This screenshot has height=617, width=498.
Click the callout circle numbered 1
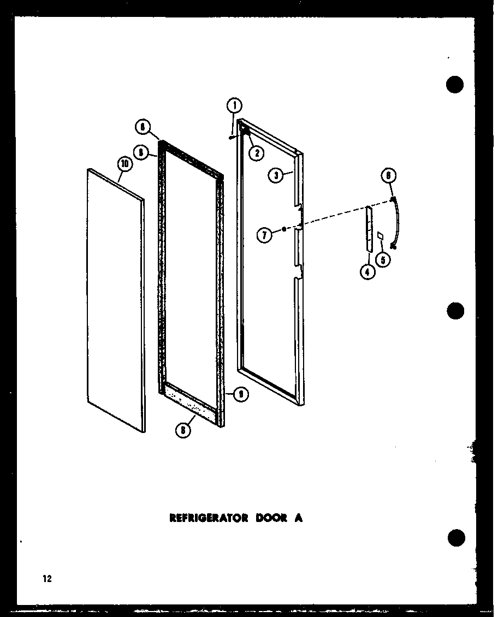click(x=234, y=105)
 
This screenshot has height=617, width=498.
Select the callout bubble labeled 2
click(x=256, y=153)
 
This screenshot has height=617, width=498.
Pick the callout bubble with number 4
click(x=368, y=271)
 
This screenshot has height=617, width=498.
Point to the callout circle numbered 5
click(x=385, y=260)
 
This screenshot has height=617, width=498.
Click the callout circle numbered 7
click(x=264, y=236)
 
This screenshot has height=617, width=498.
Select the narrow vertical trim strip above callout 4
click(x=369, y=229)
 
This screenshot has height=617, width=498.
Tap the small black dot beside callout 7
click(x=284, y=230)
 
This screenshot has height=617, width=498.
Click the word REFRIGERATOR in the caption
click(x=209, y=518)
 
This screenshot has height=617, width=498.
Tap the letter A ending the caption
click(x=299, y=518)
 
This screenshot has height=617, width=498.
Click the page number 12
click(x=47, y=579)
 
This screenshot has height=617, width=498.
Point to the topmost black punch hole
click(x=454, y=84)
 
